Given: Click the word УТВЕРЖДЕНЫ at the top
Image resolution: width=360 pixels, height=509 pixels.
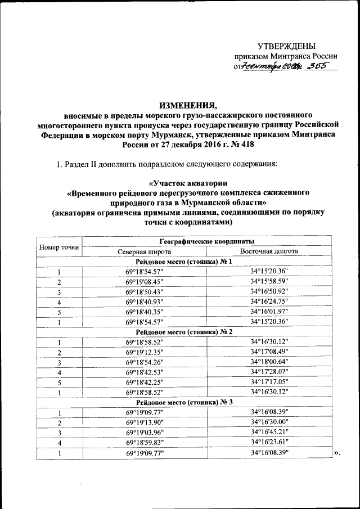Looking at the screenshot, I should click(x=286, y=46).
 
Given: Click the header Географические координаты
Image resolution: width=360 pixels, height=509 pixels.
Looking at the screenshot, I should click(x=205, y=241).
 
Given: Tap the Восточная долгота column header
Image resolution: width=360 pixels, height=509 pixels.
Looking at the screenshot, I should click(x=269, y=251).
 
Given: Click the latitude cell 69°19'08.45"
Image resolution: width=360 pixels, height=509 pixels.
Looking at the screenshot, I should click(x=145, y=282).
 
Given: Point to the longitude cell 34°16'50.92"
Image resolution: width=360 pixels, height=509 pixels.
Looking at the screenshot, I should click(x=269, y=292).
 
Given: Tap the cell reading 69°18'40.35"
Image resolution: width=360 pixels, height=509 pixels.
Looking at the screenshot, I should click(x=145, y=312).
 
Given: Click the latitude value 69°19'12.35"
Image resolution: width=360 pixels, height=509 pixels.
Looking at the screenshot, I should click(x=145, y=352).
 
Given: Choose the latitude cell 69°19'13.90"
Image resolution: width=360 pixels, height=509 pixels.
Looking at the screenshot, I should click(x=145, y=422).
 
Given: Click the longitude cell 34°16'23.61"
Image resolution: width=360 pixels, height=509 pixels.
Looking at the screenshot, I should click(x=269, y=442).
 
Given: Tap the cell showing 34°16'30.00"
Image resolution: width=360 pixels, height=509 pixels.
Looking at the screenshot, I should click(x=269, y=422).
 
